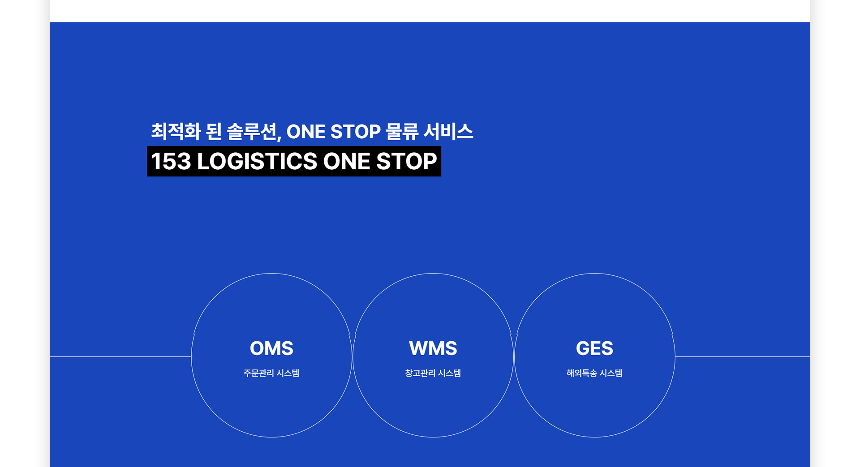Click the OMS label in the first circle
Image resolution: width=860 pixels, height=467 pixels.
coord(271,348)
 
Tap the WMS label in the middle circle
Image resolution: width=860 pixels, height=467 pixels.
coord(433,348)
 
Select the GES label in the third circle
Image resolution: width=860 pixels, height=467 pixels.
coord(594,348)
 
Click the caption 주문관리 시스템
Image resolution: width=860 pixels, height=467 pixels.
coord(271,373)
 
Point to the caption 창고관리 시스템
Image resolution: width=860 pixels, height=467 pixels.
coord(433,373)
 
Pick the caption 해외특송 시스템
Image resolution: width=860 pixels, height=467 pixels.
coord(594,373)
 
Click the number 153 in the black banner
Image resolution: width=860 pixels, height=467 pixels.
coord(171,161)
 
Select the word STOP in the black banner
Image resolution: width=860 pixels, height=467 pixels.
coord(406,161)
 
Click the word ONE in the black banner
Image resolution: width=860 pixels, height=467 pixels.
coord(347,161)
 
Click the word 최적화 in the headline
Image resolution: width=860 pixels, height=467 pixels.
coord(176,131)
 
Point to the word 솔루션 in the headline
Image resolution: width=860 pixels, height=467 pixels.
coord(254,131)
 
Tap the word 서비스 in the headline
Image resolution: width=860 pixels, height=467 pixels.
coord(448,131)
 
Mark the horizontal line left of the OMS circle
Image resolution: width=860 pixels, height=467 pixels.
coord(120,357)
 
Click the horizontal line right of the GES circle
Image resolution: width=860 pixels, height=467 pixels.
coord(743,357)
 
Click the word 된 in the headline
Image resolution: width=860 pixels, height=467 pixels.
coord(214,131)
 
